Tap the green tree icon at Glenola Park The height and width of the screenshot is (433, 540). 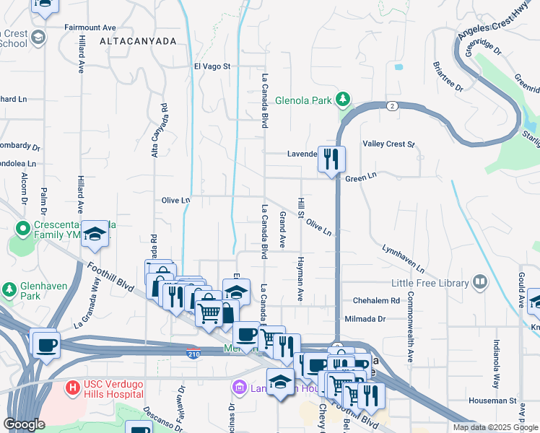(344, 99)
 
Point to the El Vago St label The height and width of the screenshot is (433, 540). (212, 66)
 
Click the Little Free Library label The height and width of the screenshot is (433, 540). (430, 283)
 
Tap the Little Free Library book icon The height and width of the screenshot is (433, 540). (480, 282)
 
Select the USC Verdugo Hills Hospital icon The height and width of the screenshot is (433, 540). (72, 388)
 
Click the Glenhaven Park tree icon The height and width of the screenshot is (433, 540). (10, 290)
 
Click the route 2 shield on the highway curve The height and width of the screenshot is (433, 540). (391, 105)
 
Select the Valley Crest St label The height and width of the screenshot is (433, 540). (388, 144)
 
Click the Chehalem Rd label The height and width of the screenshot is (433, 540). (375, 300)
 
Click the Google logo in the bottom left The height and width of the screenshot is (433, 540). (24, 424)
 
